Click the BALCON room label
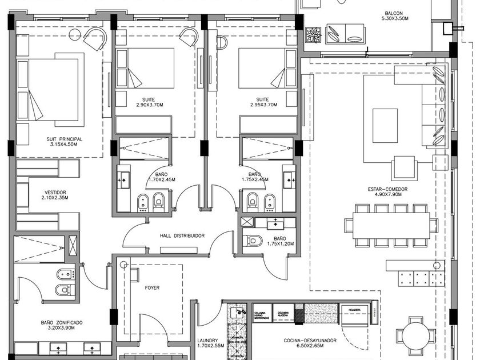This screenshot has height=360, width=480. point(394,13)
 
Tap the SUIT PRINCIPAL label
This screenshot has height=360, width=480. point(66,138)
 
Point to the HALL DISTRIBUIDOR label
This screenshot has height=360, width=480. point(182,235)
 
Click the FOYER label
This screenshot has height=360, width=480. point(152,287)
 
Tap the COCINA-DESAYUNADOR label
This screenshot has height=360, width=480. point(310,341)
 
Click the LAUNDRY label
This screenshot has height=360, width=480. point(207,340)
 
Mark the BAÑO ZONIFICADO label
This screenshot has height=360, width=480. point(62,323)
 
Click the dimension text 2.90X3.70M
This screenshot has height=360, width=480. point(150,105)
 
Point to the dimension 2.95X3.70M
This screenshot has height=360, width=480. point(263,105)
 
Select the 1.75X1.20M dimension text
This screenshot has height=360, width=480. point(279,244)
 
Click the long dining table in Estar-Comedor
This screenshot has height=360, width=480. point(391,225)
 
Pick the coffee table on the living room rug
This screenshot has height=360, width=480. point(385,126)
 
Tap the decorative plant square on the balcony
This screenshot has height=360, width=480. point(313,34)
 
